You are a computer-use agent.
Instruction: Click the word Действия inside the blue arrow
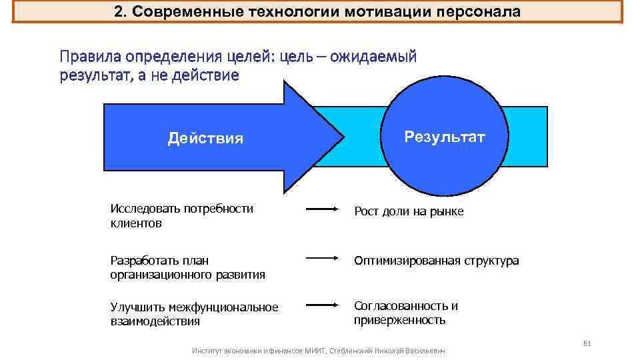click(x=205, y=139)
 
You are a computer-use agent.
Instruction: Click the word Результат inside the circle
click(x=445, y=137)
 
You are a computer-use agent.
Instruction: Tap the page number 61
click(x=587, y=343)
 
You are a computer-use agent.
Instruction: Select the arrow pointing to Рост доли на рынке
click(x=323, y=209)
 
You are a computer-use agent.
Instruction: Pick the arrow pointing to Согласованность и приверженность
click(x=323, y=305)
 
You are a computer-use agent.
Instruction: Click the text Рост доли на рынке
click(x=409, y=211)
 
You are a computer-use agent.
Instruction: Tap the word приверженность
click(x=399, y=320)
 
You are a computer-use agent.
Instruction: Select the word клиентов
click(x=136, y=223)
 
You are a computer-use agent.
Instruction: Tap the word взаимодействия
click(x=155, y=321)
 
